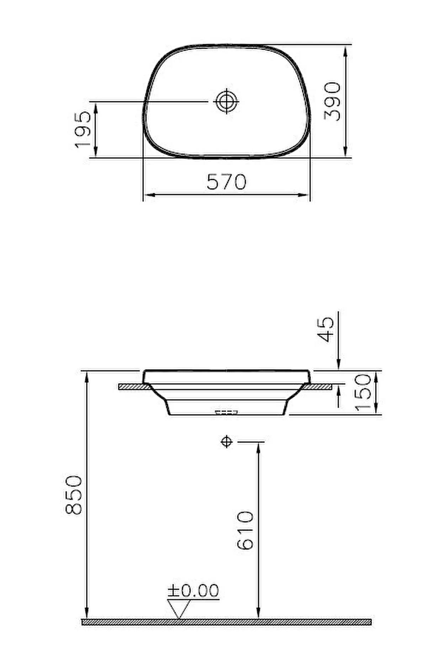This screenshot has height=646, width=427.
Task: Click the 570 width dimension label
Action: pyautogui.click(x=226, y=182)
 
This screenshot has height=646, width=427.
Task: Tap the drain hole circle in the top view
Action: pyautogui.click(x=227, y=101)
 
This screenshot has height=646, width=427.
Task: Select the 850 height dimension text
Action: pyautogui.click(x=74, y=495)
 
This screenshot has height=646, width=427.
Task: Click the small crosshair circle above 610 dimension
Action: pyautogui.click(x=226, y=442)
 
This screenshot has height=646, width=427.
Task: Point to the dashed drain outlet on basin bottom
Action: pyautogui.click(x=226, y=412)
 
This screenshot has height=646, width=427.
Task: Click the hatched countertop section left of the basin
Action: pyautogui.click(x=134, y=386)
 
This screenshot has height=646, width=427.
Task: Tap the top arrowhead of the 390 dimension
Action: pyautogui.click(x=345, y=52)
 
